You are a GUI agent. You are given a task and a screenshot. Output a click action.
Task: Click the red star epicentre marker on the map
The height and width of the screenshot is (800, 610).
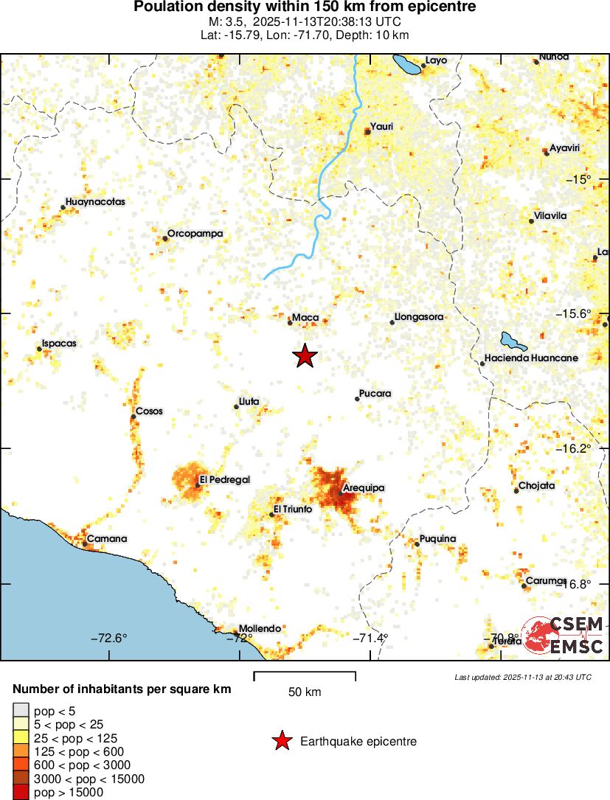305,356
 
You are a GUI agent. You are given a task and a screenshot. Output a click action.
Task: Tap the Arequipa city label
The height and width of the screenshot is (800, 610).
364,488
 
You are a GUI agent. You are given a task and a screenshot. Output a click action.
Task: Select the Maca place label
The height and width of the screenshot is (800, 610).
305,318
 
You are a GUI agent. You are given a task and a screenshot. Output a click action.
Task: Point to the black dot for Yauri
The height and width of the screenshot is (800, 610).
367,131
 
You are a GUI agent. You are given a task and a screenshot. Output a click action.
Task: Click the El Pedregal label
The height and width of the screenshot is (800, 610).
225,480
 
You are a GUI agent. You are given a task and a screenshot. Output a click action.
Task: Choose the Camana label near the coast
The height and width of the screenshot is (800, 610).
107,539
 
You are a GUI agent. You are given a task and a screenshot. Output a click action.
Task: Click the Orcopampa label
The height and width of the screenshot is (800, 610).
195,234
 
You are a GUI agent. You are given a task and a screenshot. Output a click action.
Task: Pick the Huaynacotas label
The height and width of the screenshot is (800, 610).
95,201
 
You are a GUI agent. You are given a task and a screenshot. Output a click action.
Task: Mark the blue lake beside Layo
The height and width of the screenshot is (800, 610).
406,64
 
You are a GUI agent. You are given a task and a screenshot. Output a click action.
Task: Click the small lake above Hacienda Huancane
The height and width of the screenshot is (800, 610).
511,341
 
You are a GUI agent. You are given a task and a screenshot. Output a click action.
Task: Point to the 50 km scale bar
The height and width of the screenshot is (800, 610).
305,675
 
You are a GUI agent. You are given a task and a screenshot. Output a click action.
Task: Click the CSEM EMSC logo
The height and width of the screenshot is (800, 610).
565,635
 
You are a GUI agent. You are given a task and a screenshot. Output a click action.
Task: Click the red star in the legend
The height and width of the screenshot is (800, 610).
281,742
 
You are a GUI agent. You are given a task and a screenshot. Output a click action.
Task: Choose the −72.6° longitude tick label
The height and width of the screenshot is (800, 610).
109,639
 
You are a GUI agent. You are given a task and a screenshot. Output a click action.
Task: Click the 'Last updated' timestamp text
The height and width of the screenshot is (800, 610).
523,677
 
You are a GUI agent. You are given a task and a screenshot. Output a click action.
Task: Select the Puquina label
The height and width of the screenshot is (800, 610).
437,539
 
